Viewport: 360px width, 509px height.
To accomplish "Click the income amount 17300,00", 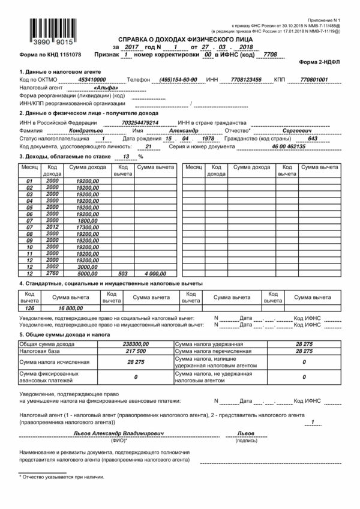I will click(87, 228).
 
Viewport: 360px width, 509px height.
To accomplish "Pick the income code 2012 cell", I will click(52, 228).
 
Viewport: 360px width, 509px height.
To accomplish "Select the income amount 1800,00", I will click(88, 220).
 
